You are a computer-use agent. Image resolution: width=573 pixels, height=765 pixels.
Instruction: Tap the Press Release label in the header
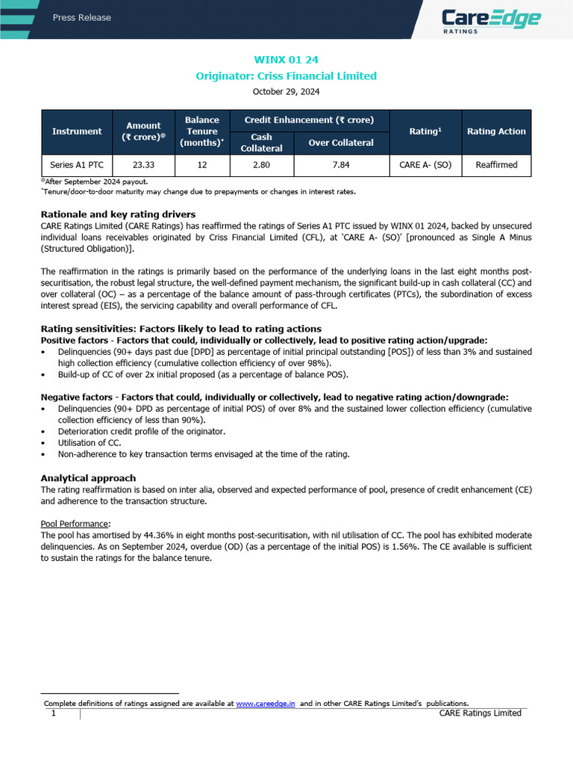point(82,17)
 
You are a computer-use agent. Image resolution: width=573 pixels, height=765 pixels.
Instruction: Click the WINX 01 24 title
point(286,60)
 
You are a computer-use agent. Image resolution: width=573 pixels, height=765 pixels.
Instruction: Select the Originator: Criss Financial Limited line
point(286,75)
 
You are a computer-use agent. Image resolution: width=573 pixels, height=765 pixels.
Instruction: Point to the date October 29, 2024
point(286,92)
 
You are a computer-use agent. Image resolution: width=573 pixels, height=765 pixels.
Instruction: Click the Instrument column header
point(77,131)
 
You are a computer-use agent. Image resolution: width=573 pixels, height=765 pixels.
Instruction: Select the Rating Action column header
point(496,131)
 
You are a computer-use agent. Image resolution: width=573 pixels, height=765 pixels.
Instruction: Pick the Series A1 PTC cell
point(77,164)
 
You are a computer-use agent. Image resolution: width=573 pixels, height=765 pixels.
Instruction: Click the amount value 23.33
point(143,164)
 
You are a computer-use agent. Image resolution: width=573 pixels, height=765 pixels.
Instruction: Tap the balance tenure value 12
point(202,164)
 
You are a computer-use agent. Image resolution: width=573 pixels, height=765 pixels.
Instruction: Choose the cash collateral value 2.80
point(261,164)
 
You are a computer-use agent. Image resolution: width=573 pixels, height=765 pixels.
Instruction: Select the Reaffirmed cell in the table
point(496,164)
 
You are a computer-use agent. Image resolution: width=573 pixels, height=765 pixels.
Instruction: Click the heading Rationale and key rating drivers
point(118,214)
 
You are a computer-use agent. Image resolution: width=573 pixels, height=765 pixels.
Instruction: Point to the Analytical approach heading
point(88,478)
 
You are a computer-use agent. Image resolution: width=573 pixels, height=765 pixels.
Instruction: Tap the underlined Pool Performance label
point(75,524)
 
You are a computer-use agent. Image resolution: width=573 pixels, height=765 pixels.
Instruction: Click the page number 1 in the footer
point(54,713)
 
